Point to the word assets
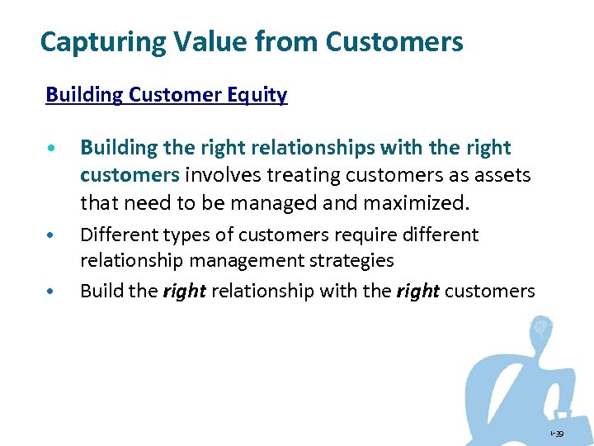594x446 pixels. pyautogui.click(x=502, y=175)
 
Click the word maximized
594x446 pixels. pyautogui.click(x=425, y=202)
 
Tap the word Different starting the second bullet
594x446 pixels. pyautogui.click(x=115, y=235)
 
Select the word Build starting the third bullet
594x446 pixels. pyautogui.click(x=98, y=292)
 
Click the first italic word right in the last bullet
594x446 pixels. pyautogui.click(x=185, y=292)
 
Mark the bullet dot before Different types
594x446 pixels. pyautogui.click(x=51, y=236)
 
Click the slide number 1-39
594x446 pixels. pyautogui.click(x=559, y=434)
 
